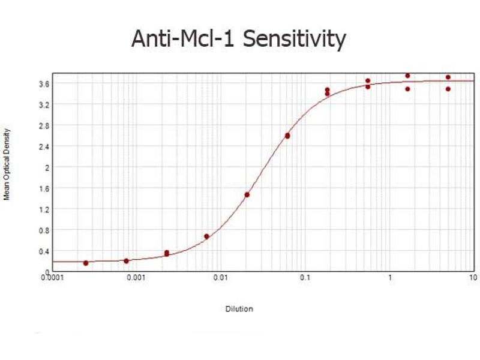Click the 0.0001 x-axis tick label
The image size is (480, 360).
53,277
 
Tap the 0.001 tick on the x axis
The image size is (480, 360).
137,277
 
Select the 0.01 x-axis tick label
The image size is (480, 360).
221,277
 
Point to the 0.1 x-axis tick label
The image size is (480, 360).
305,277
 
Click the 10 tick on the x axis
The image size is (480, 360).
473,277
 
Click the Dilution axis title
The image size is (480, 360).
239,309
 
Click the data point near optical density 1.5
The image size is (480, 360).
247,194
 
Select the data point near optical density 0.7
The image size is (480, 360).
206,236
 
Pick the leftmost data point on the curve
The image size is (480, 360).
86,263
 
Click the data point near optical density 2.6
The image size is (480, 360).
287,136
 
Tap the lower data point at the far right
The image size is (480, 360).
448,89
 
